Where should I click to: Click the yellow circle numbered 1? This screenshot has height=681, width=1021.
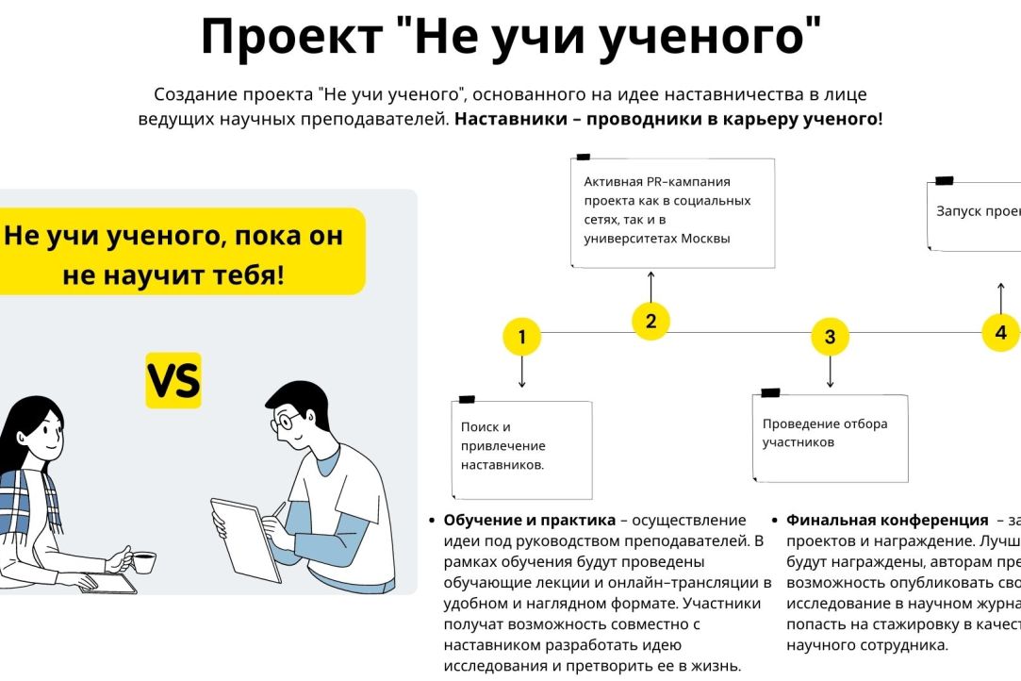(x=522, y=337)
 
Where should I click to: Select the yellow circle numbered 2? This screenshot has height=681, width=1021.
(x=650, y=321)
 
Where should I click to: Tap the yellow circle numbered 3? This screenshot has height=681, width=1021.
(x=830, y=337)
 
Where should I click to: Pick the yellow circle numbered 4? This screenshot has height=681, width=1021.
(x=1000, y=332)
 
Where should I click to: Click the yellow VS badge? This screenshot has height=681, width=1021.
(x=173, y=380)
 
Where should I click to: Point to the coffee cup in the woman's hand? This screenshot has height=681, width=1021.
(x=142, y=562)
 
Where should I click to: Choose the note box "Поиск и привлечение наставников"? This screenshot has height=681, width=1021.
(x=522, y=449)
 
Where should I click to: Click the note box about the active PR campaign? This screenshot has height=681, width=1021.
(x=673, y=212)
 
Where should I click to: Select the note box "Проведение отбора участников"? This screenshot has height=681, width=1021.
(x=830, y=437)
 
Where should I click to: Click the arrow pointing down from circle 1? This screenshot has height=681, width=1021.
(x=522, y=373)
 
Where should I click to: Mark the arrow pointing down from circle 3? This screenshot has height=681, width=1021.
(x=830, y=371)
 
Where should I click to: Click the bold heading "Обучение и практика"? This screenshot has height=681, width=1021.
(x=529, y=521)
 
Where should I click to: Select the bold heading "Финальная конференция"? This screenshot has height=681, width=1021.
(x=886, y=521)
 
